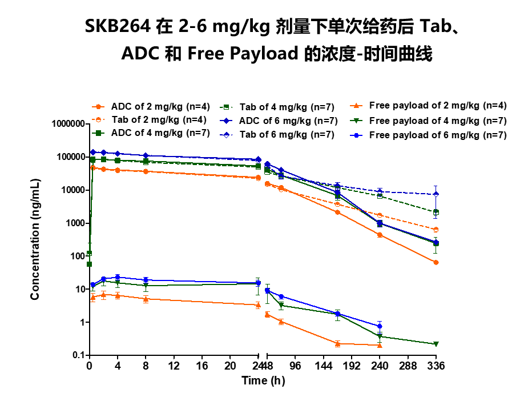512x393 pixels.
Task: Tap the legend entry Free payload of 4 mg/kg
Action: [x=437, y=121]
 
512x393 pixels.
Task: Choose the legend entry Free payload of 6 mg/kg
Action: [x=437, y=135]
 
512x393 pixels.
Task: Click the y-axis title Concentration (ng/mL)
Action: [x=35, y=239]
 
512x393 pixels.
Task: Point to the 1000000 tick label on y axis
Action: [x=66, y=124]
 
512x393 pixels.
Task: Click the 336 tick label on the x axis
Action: [x=436, y=366]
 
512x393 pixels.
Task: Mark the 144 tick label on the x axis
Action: [x=324, y=366]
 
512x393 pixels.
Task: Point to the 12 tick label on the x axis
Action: [x=174, y=366]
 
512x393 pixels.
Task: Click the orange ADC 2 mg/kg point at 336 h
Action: [x=436, y=262]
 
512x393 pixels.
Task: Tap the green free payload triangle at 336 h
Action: [x=436, y=344]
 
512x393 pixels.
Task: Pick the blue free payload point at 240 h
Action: [x=380, y=326]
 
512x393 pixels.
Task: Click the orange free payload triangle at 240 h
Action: [x=380, y=345]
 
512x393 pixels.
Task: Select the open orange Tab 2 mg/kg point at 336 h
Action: [x=436, y=230]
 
